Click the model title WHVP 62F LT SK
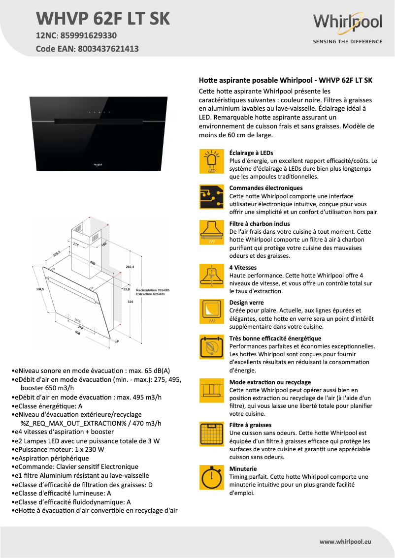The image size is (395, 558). click(x=103, y=19)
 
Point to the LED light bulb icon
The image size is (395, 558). click(x=212, y=161)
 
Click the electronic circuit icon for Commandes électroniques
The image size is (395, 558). click(x=212, y=197)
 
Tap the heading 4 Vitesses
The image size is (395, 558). click(x=243, y=268)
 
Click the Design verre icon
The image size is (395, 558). click(x=212, y=311)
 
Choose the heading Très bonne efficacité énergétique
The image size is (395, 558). click(x=275, y=339)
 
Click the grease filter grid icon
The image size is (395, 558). click(x=212, y=434)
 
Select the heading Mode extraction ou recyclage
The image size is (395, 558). click(x=270, y=382)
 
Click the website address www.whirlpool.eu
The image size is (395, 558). click(x=345, y=541)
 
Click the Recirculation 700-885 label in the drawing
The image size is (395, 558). click(x=153, y=291)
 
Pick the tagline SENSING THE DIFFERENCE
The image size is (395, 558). click(x=348, y=42)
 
